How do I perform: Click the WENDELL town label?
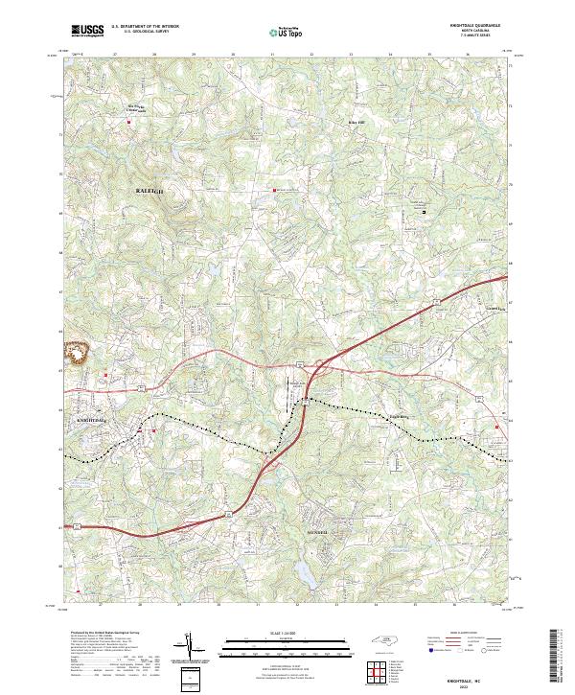click(x=317, y=531)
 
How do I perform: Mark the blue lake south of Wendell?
click(x=305, y=573)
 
